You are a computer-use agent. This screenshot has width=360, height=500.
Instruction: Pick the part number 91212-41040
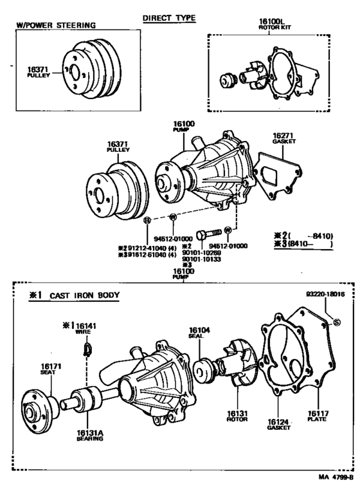(140, 246)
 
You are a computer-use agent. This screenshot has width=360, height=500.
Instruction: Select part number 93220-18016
(325, 293)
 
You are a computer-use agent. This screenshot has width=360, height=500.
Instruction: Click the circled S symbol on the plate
(336, 321)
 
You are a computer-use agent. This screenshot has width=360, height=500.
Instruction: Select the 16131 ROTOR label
(233, 416)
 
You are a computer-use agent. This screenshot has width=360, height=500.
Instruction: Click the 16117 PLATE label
(316, 416)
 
